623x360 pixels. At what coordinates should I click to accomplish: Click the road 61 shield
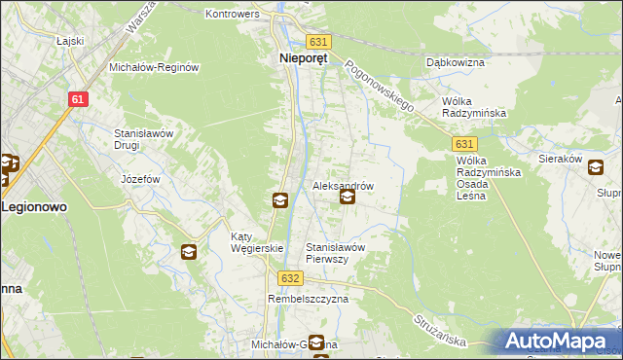coord(80,99)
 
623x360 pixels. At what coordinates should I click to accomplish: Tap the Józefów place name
coord(138,179)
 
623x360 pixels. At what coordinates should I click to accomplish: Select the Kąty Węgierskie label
coord(256,242)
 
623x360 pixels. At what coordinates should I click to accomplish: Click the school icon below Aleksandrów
coord(347,198)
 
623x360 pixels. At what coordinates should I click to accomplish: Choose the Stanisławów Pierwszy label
coord(336,253)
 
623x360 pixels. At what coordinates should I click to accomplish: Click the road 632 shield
coord(289,277)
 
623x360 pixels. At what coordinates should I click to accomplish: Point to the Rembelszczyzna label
coord(308,300)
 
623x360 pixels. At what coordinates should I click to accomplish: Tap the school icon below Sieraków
coord(595,167)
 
